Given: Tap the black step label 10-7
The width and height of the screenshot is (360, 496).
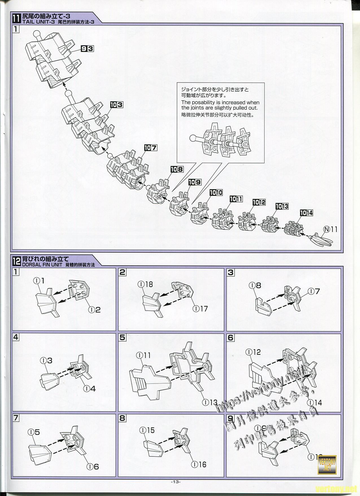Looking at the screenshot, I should pos(150,148).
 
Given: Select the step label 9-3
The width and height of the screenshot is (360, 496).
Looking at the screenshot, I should pos(87,49).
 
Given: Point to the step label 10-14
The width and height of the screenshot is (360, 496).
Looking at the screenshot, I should pos(306,213).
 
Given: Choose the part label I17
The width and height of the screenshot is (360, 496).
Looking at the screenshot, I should pos(200,309).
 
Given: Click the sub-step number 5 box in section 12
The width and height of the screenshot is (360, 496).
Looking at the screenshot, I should pos(122,337).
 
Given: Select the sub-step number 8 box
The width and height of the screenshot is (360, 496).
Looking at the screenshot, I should pos(122,418).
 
